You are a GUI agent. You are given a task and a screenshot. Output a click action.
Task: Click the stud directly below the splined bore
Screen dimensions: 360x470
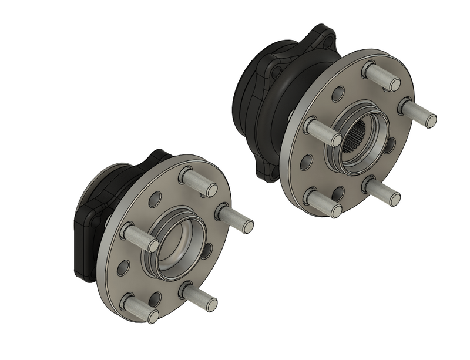click(383, 192)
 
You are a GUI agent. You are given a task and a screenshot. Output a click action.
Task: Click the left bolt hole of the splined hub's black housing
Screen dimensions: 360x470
click(276, 72)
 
